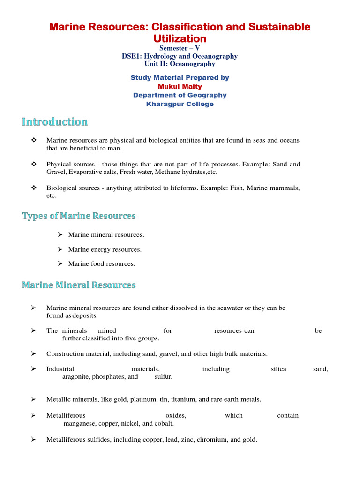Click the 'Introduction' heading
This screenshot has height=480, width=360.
[x=55, y=122]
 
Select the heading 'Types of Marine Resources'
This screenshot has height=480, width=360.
[x=79, y=216]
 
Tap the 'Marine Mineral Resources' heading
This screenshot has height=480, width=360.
[x=79, y=285]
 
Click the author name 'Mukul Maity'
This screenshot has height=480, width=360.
[x=180, y=86]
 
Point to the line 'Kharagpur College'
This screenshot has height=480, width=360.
[x=180, y=104]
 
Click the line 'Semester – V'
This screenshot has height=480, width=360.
[x=180, y=48]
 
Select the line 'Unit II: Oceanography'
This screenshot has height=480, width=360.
[x=180, y=64]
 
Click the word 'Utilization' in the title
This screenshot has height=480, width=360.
[x=180, y=38]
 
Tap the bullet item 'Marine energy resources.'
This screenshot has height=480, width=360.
[x=105, y=249]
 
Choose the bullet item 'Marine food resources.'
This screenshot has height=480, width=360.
[x=101, y=263]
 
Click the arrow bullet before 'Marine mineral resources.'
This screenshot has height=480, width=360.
[x=60, y=234]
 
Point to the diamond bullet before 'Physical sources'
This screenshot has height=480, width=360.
[x=34, y=165]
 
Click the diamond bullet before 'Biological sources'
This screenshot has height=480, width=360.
[x=34, y=188]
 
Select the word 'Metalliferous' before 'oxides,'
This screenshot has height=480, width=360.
[x=66, y=415]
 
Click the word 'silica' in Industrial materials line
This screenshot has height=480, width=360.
[x=278, y=369]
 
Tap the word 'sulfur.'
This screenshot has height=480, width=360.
[x=164, y=376]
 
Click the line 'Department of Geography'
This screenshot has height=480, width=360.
[x=180, y=95]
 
